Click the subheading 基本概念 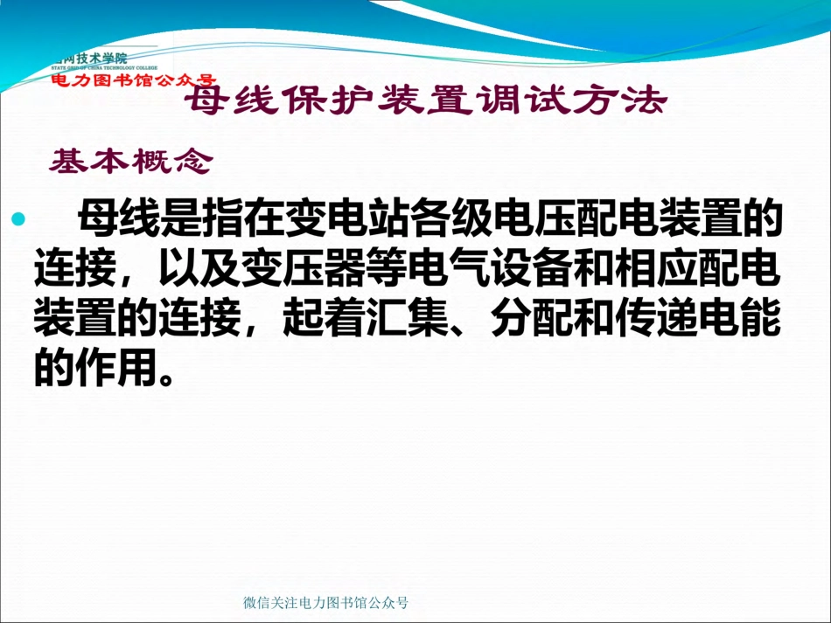pos(131,161)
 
